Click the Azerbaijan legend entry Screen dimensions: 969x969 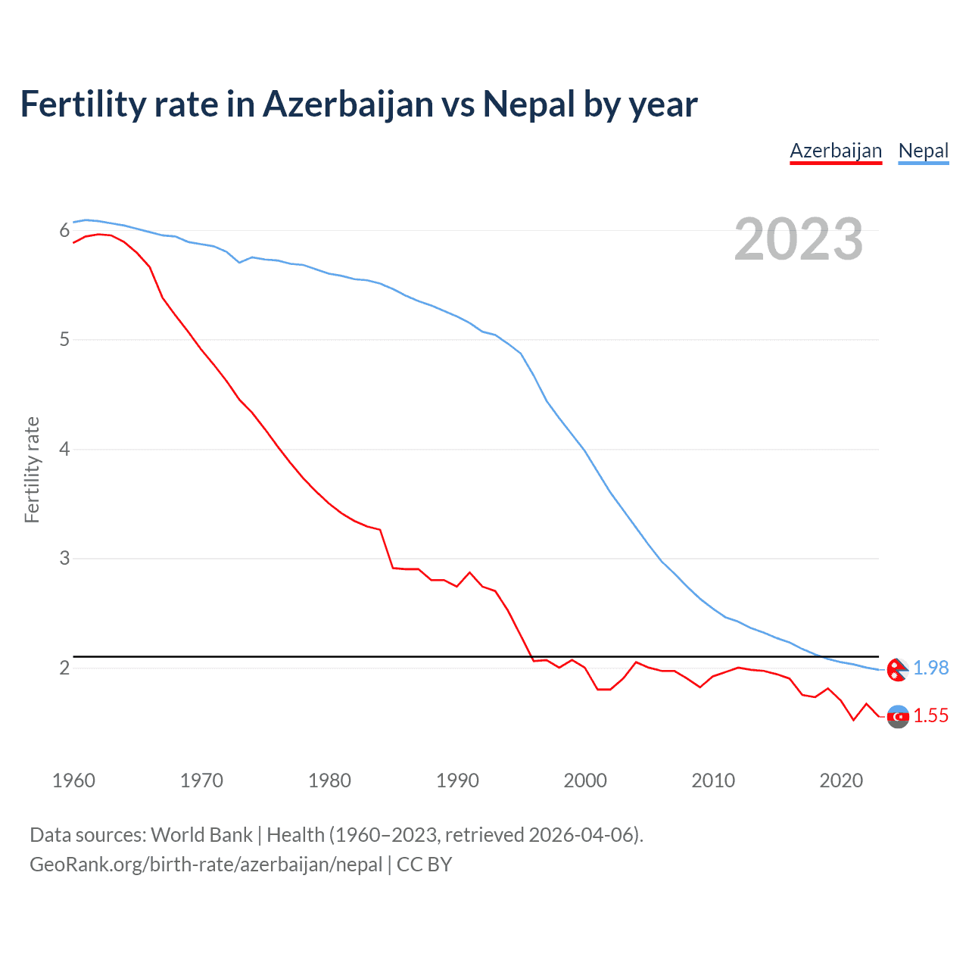point(836,151)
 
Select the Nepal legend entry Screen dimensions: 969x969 point(923,151)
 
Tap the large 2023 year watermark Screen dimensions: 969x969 point(799,239)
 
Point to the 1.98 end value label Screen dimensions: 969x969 point(930,668)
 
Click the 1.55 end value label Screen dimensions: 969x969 point(930,715)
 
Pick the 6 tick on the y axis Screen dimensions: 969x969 point(64,230)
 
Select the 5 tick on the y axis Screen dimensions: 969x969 point(64,340)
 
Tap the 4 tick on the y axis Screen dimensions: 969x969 point(64,449)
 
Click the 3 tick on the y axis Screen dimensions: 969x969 point(64,559)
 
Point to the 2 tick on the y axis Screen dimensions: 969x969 point(64,668)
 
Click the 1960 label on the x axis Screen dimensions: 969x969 point(73,780)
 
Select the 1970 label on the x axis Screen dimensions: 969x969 point(201,780)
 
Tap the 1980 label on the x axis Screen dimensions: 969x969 point(329,780)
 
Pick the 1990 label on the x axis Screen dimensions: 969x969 point(457,780)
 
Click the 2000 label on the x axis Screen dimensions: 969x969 point(585,780)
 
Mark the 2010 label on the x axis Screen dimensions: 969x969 point(713,780)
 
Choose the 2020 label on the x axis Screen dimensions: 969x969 point(841,780)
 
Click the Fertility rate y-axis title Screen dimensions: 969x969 point(32,469)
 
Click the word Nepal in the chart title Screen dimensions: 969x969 point(529,104)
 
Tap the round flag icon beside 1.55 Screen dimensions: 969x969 point(898,716)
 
